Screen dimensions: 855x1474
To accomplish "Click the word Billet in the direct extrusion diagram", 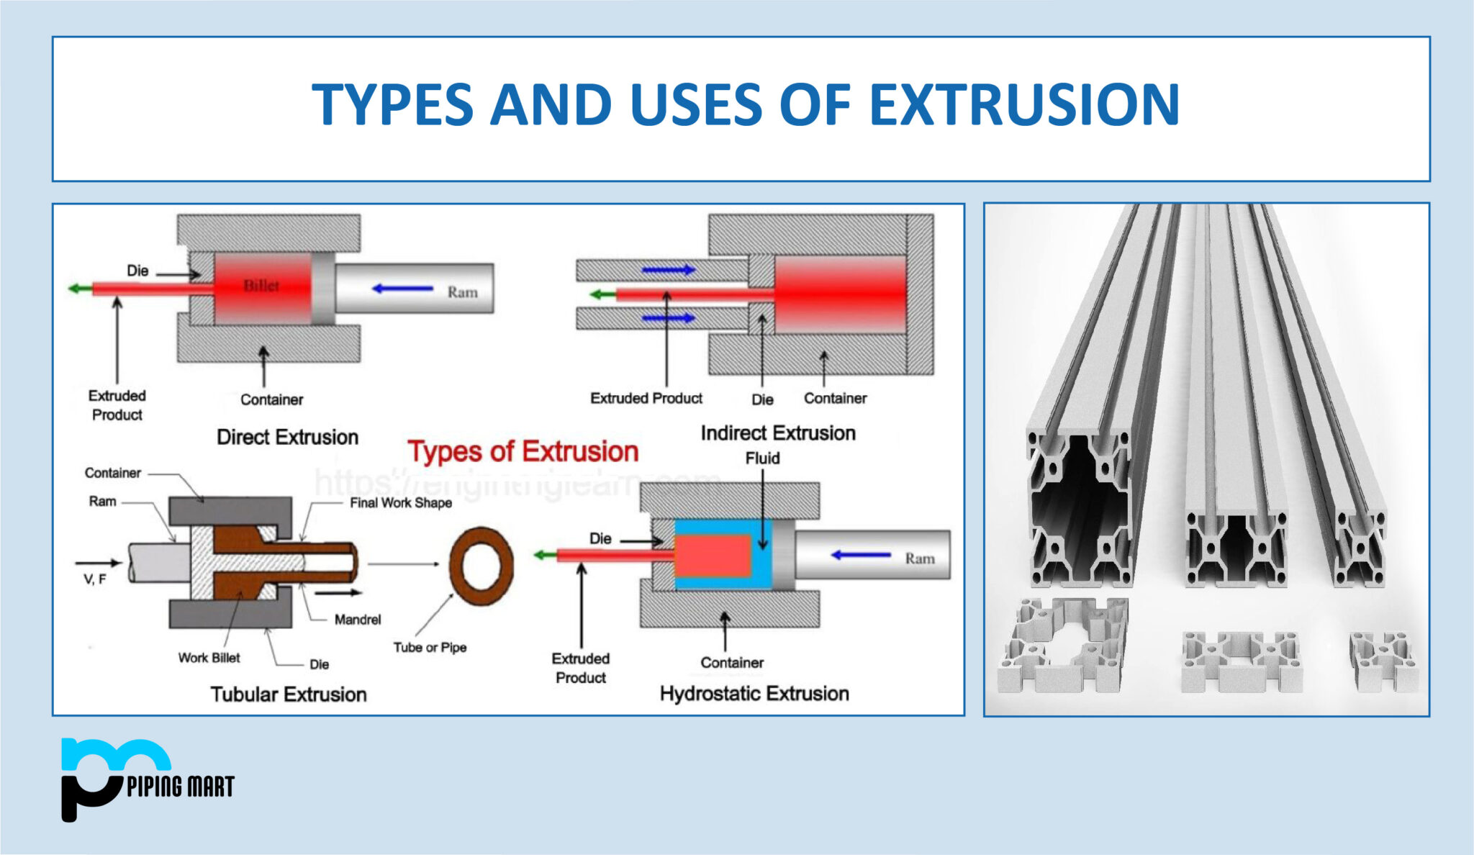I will (x=261, y=286).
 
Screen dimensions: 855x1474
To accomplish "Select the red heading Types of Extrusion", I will (x=523, y=451).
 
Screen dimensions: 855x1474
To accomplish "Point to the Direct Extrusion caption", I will (x=287, y=437).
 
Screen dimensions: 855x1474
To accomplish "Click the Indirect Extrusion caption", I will (x=778, y=433).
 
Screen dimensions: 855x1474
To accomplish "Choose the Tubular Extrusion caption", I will (x=289, y=695).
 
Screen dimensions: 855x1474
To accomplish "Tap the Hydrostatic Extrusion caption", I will (x=754, y=694).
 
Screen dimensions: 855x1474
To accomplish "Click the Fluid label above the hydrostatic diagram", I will (x=762, y=458).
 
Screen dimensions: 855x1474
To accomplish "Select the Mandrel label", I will (x=357, y=620).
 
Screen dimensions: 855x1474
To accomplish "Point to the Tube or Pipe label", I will (x=430, y=647).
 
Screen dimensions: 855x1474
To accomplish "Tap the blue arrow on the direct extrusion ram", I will (x=402, y=289).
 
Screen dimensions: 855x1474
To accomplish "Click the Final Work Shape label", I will (x=401, y=503).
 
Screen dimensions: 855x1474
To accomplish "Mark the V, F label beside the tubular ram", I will (x=94, y=579).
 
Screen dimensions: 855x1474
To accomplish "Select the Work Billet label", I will (x=209, y=658).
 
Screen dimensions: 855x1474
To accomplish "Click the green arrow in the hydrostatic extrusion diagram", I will (x=544, y=555).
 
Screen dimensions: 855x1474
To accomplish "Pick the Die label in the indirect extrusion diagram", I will (x=762, y=399).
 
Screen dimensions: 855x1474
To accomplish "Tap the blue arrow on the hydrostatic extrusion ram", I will (x=861, y=555).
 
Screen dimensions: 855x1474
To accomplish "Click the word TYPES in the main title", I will (x=392, y=104).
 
